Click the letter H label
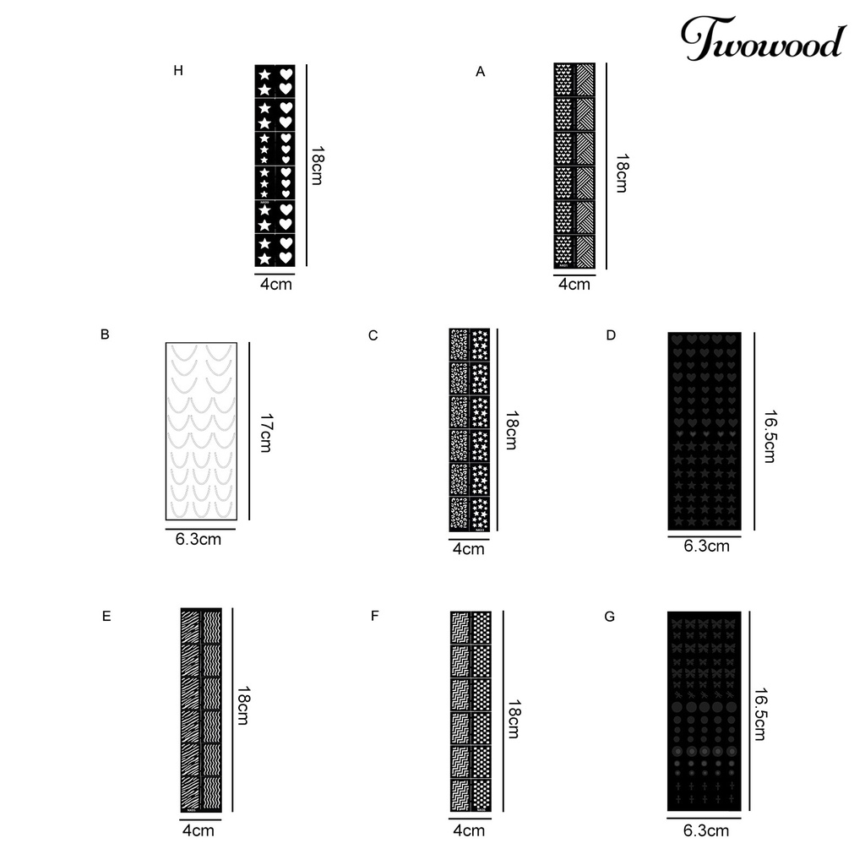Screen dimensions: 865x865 177,71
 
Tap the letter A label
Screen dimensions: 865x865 481,73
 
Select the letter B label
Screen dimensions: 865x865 105,335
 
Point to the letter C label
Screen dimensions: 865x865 373,336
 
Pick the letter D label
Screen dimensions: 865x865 611,336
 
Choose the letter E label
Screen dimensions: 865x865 106,617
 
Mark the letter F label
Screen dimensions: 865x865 374,617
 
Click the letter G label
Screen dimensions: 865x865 610,617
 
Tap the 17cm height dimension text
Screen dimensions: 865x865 265,432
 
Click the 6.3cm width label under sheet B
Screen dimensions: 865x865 199,539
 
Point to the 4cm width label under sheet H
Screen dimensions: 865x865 276,285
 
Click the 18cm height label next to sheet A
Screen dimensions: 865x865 622,172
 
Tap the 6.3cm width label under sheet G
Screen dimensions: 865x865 706,831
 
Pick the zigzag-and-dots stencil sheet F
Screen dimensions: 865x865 471,712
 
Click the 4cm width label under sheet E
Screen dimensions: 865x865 199,831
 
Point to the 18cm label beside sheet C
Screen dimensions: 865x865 510,430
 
